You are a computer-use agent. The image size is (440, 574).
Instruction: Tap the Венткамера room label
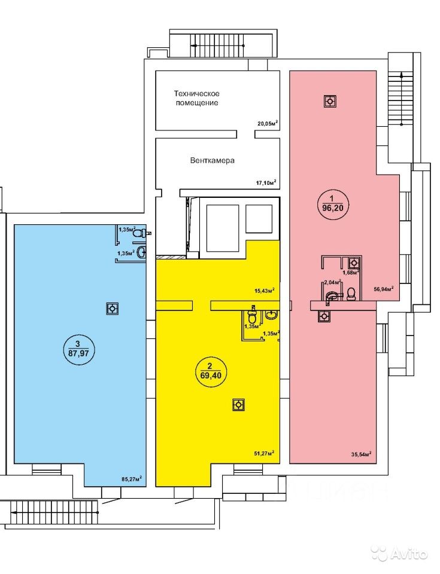coord(212,161)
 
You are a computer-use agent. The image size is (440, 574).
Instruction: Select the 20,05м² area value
coord(268,124)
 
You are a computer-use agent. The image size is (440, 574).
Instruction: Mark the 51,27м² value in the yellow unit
coord(264,453)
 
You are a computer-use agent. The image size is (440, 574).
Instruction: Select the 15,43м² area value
coord(264,291)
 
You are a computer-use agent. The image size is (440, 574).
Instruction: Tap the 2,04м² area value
coord(332,282)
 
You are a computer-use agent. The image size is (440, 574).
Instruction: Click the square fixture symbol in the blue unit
coord(111,309)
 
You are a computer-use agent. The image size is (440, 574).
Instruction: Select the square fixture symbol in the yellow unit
coord(238,405)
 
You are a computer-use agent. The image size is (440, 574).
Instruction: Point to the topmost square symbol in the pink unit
coord(329,102)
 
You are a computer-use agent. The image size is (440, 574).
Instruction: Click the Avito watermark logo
coord(398,554)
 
